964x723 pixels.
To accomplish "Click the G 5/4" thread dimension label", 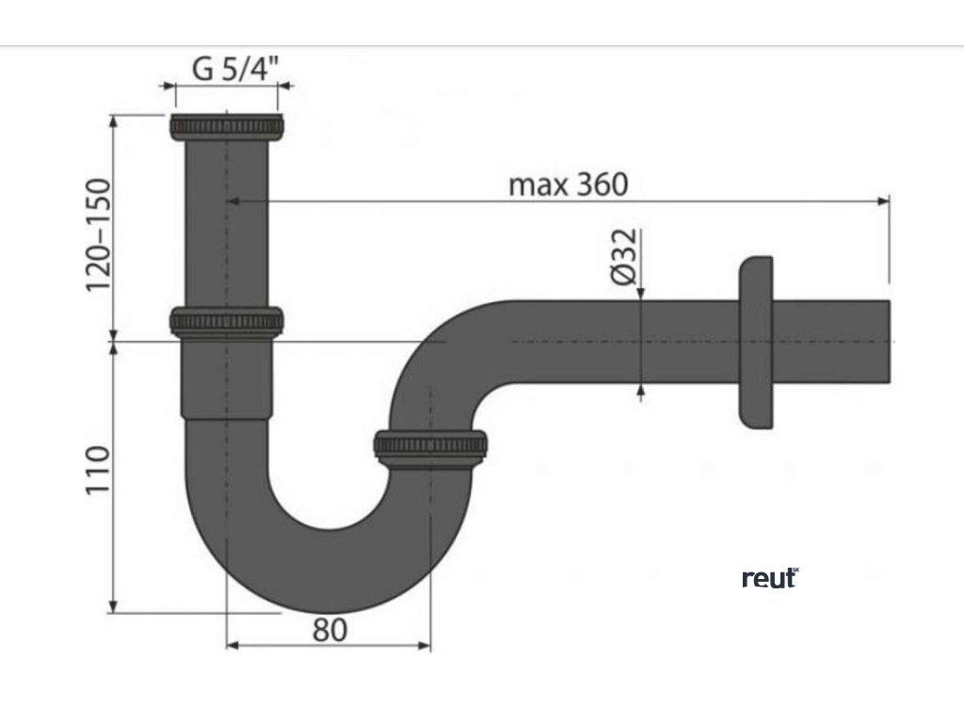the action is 227,70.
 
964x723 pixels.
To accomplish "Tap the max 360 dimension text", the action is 568,184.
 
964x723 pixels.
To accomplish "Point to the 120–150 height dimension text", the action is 99,234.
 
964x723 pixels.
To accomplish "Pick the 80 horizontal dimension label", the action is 329,630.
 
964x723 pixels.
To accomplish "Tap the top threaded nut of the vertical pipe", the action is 227,126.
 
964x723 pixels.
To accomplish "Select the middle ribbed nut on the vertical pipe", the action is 227,321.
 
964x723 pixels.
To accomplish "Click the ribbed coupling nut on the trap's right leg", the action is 430,446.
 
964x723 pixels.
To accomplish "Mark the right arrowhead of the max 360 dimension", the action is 884,201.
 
